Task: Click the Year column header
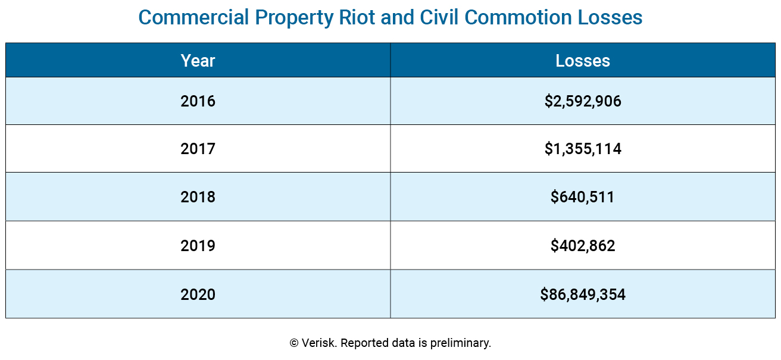click(x=198, y=61)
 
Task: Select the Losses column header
click(x=582, y=61)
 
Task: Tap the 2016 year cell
click(x=198, y=101)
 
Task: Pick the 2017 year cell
click(x=198, y=149)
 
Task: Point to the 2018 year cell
click(x=198, y=197)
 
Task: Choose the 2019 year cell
click(x=198, y=246)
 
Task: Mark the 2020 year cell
click(x=198, y=294)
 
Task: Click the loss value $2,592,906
click(x=582, y=101)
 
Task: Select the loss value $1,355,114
click(x=582, y=149)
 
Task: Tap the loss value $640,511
click(x=582, y=197)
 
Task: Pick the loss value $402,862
click(x=582, y=246)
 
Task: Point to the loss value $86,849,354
click(x=582, y=294)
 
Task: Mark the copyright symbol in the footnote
click(x=294, y=343)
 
